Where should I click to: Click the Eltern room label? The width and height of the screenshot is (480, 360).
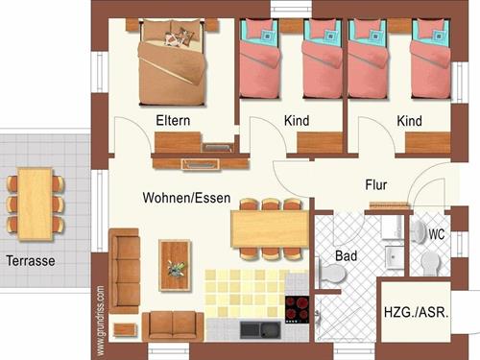[x=173, y=121]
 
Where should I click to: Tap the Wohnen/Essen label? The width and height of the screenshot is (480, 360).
[x=186, y=198]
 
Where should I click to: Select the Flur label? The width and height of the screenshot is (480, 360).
[x=376, y=185]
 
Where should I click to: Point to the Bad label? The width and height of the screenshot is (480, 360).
[x=346, y=256]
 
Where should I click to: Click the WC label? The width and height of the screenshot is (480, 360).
[x=437, y=234]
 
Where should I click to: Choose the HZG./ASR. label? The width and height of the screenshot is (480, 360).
[x=417, y=312]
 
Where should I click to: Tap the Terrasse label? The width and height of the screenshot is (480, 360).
[x=31, y=261]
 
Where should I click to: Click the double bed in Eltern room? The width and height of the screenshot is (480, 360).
[x=172, y=61]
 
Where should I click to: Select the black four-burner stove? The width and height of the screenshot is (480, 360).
[x=298, y=309]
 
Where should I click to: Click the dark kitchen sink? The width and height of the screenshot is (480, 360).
[x=261, y=330]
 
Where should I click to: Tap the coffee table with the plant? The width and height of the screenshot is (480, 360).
[x=175, y=265]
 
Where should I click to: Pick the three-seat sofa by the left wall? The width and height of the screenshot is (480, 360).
[x=124, y=271]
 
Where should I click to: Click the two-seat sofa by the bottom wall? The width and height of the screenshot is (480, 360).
[x=173, y=326]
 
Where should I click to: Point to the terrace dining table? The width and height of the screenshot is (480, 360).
[x=36, y=204]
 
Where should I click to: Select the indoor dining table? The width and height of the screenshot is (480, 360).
[x=271, y=228]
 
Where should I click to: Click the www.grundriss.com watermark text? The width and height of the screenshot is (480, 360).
[x=100, y=321]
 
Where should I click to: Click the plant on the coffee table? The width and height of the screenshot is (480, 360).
[x=177, y=269]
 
